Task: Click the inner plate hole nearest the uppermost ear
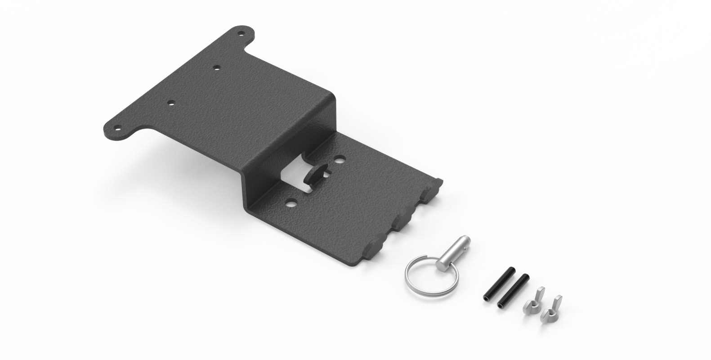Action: tap(217, 68)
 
